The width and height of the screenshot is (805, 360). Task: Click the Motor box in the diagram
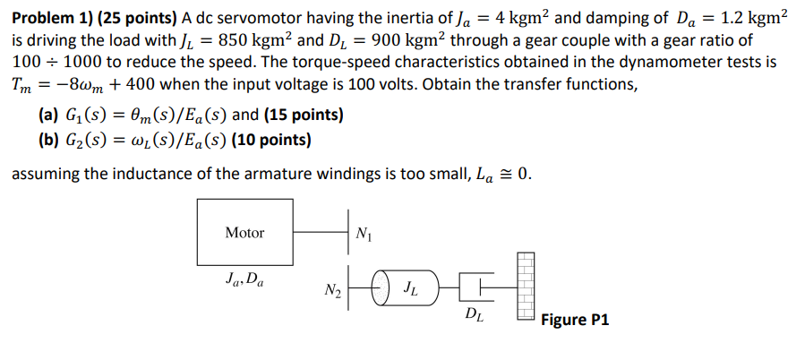pos(244,233)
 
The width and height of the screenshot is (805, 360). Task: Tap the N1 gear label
pos(363,236)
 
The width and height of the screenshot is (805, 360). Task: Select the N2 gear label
pos(332,290)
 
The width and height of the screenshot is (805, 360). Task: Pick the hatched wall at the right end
pos(526,287)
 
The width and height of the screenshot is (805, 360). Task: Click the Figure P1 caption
pos(575,320)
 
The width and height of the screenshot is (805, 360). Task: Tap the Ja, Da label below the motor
pos(244,279)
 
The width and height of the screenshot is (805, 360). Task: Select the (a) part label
pos(49,116)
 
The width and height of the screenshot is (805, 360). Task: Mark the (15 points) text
pos(304,116)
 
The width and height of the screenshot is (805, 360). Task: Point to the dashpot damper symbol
pos(473,288)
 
